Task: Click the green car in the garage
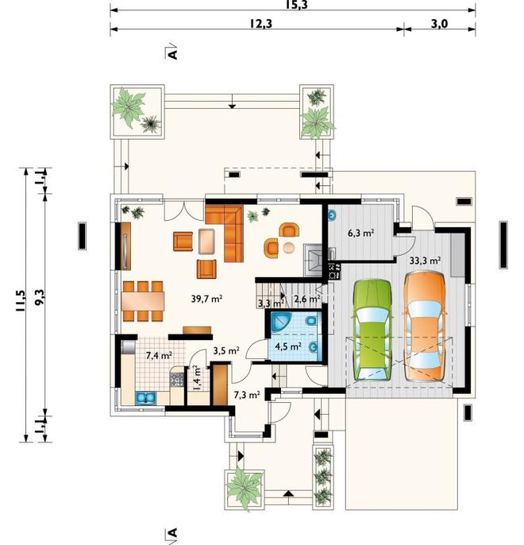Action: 372,330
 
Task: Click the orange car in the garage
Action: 425,327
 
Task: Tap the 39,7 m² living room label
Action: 206,299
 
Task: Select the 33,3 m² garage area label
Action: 425,261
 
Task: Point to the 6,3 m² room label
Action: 360,233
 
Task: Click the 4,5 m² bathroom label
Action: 288,346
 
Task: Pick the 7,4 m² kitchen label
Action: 159,356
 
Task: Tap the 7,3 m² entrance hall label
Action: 247,395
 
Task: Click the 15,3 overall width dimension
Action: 297,5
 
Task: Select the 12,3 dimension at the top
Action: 260,24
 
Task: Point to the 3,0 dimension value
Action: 439,24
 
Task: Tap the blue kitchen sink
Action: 146,398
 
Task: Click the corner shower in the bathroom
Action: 279,321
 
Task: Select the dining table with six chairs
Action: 143,301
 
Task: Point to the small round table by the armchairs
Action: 288,248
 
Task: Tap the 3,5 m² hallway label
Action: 226,350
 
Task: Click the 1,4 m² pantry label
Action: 197,378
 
